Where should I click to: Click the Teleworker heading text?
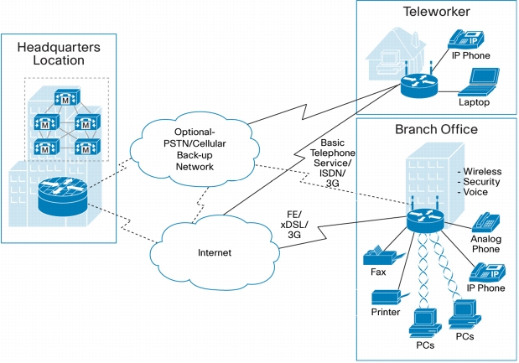[x=435, y=13]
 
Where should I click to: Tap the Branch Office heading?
[x=436, y=130]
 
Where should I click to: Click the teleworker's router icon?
[x=418, y=83]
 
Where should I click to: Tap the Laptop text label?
[x=474, y=102]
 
